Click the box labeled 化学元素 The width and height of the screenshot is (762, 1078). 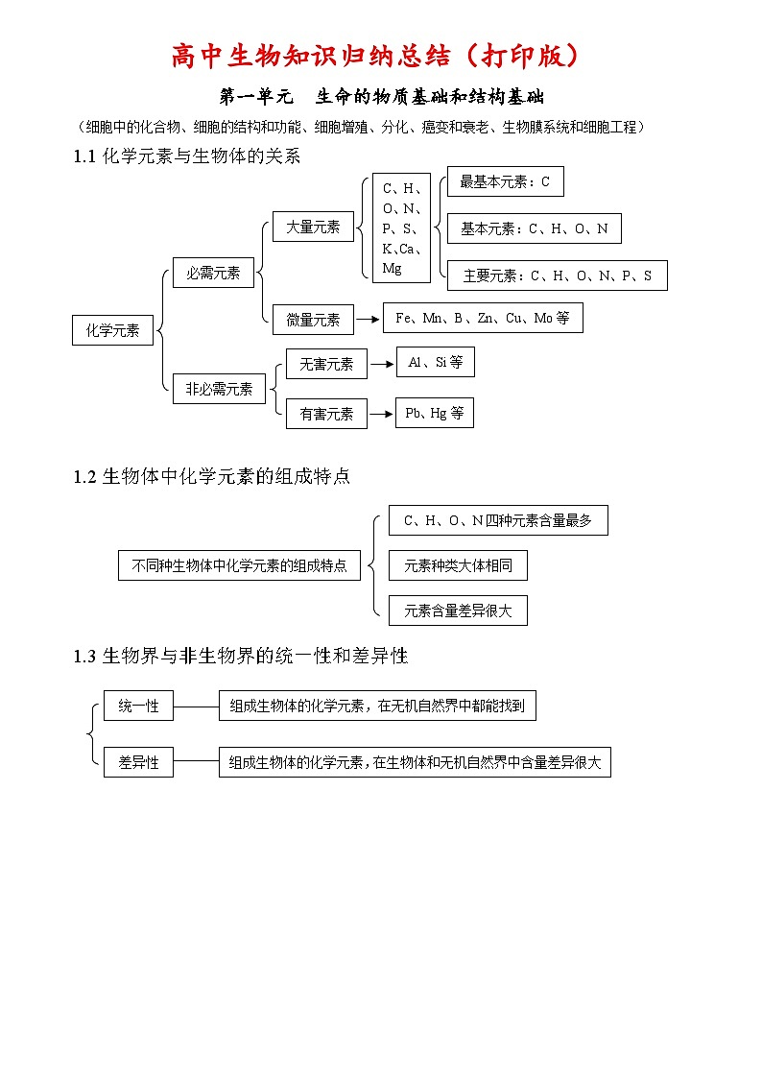113,330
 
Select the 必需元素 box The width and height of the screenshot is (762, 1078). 213,273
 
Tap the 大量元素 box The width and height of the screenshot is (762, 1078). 313,227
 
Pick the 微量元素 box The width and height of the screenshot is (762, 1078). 313,320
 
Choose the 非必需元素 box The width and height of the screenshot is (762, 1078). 219,389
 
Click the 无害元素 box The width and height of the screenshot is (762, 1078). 326,364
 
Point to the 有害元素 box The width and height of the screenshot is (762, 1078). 326,414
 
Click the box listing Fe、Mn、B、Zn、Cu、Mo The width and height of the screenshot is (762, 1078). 483,318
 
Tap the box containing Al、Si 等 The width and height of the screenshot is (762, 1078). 435,362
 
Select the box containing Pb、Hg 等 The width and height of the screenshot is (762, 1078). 434,413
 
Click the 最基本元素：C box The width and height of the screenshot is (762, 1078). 505,181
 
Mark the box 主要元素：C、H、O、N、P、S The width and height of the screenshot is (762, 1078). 557,275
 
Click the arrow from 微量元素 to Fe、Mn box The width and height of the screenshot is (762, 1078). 368,320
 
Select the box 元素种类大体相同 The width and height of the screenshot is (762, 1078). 458,565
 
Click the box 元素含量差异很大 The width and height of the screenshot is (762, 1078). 458,611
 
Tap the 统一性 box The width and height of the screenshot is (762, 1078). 138,707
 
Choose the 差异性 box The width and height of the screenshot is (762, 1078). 138,762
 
